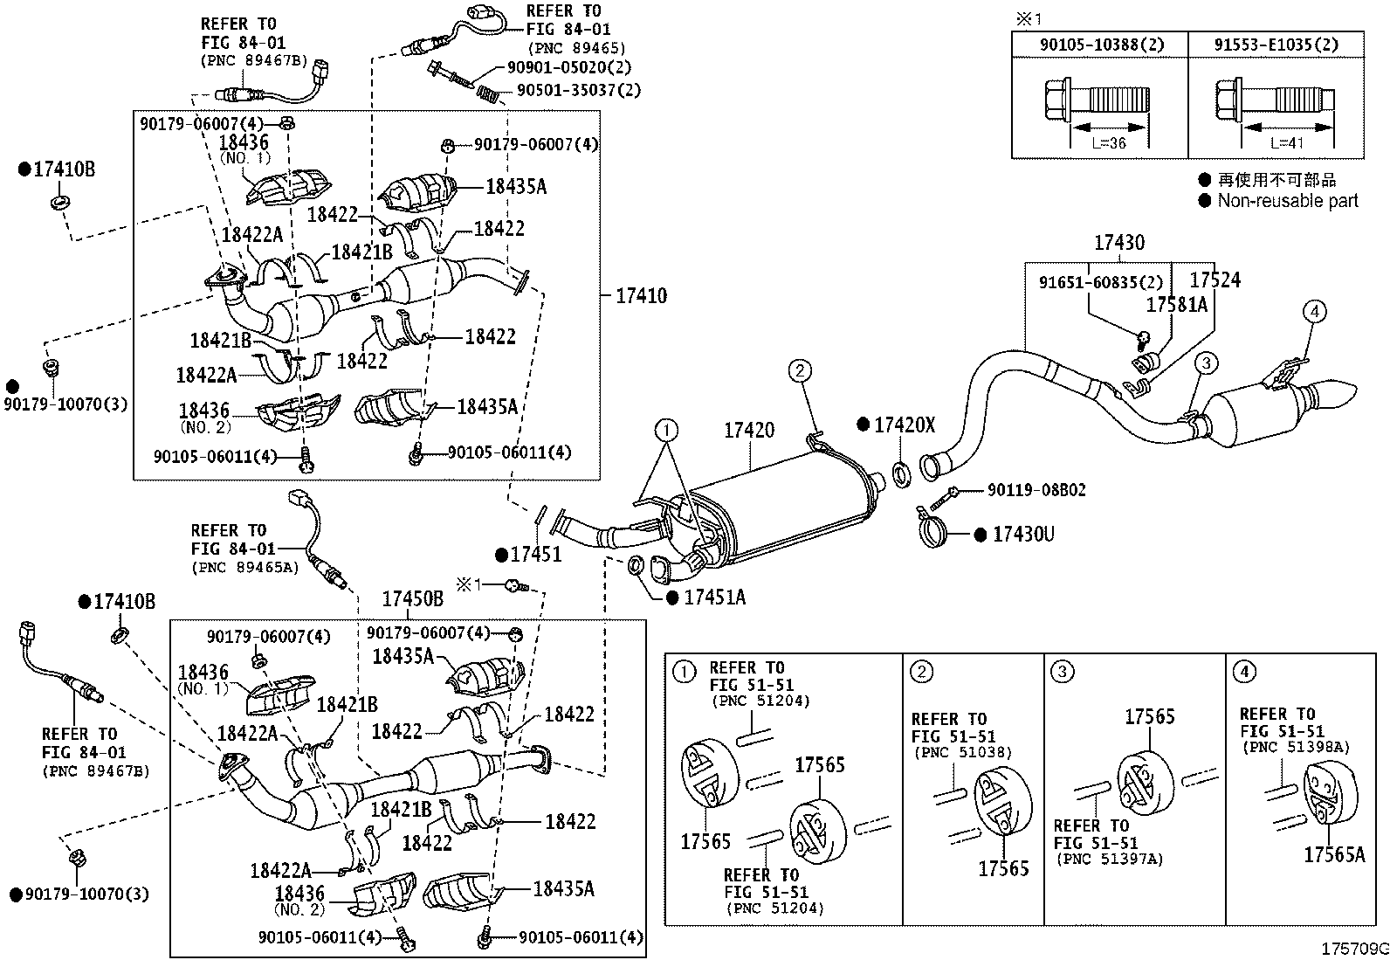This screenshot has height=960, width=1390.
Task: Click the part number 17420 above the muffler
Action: click(749, 431)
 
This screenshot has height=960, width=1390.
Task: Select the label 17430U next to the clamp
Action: click(1023, 534)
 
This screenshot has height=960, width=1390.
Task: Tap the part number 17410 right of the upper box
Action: click(641, 295)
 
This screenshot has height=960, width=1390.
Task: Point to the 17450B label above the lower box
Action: click(413, 598)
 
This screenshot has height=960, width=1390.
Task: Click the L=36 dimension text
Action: click(1109, 143)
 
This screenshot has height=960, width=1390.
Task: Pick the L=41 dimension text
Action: click(1287, 143)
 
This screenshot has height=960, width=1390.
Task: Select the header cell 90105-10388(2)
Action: click(1102, 45)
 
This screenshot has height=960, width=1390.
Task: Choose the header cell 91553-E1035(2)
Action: click(1276, 45)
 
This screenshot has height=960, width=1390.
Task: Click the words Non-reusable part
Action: click(1288, 201)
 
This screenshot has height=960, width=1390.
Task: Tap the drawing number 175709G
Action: click(1354, 949)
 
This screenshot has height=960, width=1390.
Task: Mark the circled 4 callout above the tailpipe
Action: click(1314, 311)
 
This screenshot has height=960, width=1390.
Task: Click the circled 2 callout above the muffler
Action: click(799, 370)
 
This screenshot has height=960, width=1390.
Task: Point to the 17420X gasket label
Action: click(905, 425)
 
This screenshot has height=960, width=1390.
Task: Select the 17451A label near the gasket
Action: click(714, 597)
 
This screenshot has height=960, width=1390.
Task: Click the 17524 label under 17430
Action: click(1215, 280)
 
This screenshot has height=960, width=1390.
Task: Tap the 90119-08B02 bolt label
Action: click(1036, 490)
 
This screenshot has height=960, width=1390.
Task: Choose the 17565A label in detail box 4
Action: click(1334, 855)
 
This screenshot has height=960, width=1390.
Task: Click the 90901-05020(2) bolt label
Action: click(569, 67)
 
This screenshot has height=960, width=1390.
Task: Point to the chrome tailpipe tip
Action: click(1337, 394)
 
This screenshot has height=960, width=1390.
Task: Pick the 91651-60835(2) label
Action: click(1101, 282)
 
